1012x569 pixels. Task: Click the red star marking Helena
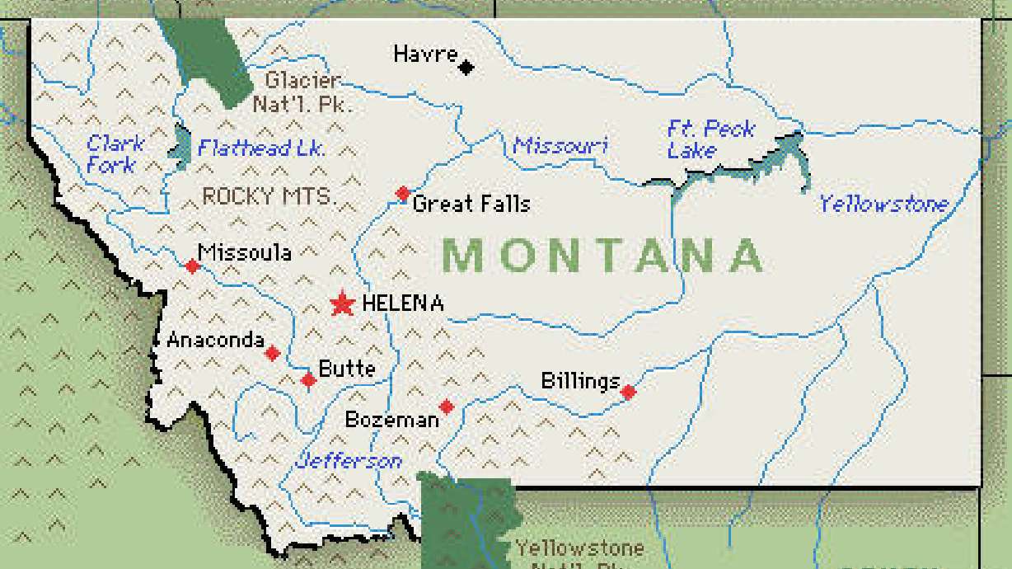tap(342, 304)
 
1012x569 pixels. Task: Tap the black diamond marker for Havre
tap(466, 67)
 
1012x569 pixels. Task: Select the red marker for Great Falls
tap(402, 194)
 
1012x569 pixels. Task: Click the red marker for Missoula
tap(192, 266)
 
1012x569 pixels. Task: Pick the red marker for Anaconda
tap(272, 353)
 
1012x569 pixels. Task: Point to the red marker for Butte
tap(308, 380)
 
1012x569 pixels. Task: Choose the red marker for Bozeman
tap(446, 407)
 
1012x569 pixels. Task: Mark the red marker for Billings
tap(628, 392)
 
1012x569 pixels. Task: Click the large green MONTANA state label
tap(604, 255)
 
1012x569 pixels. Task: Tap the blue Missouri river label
tap(560, 146)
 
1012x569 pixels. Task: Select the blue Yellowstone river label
tap(883, 204)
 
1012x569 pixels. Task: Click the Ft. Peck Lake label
tap(710, 139)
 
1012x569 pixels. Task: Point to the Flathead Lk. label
tap(261, 148)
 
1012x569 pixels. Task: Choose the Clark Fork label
tap(115, 154)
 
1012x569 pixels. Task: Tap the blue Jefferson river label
tap(349, 460)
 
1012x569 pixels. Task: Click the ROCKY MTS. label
tap(269, 196)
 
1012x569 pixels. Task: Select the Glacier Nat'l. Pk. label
tap(302, 92)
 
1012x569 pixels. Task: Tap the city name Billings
tap(579, 381)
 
